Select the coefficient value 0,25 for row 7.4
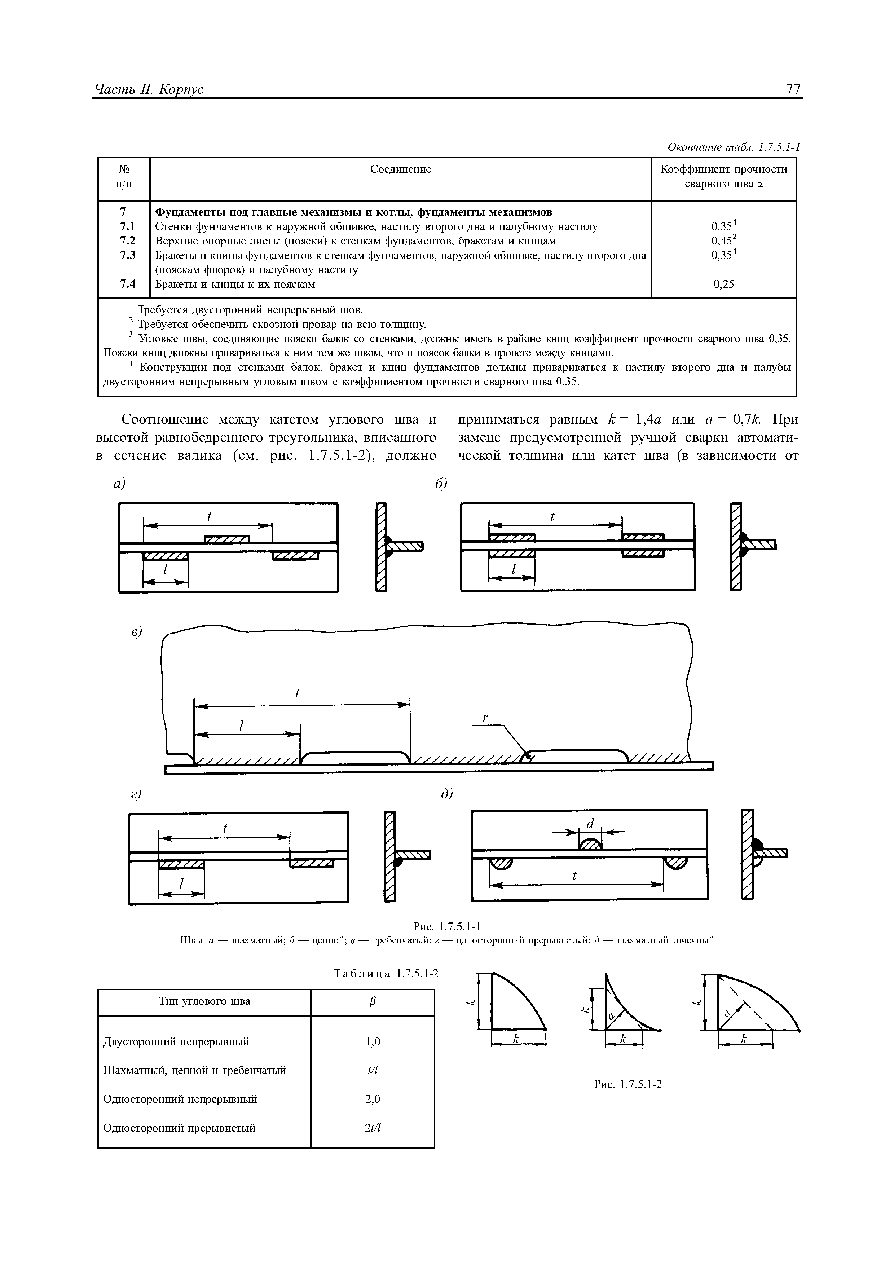(724, 284)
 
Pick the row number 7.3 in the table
(127, 255)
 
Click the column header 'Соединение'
(400, 169)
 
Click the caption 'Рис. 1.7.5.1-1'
(447, 926)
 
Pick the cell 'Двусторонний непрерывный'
(176, 1041)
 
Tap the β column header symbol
(373, 1001)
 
